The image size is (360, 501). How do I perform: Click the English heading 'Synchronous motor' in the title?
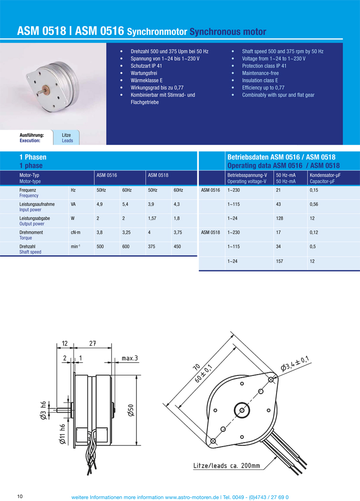point(227,31)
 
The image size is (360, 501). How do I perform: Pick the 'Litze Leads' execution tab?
point(67,138)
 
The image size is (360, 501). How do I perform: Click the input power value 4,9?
point(100,204)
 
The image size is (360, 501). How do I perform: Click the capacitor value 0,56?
point(314,204)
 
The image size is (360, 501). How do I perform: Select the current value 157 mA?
point(280,261)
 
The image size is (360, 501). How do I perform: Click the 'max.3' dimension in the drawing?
point(129,358)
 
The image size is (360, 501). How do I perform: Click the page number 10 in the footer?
point(20,496)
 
